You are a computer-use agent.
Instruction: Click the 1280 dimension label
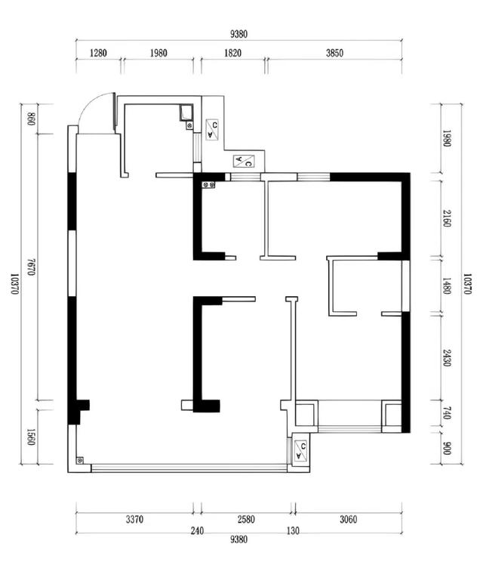[x=98, y=53]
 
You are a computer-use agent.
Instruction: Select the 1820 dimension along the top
[x=232, y=53]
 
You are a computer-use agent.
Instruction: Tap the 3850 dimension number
[x=334, y=53]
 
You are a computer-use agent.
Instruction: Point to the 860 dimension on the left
[x=31, y=119]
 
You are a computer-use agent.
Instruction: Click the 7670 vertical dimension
[x=31, y=267]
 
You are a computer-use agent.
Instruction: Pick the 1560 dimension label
[x=31, y=437]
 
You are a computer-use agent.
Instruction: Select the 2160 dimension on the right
[x=447, y=218]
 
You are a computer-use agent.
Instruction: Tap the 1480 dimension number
[x=447, y=286]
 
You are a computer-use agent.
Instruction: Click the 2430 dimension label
[x=447, y=358]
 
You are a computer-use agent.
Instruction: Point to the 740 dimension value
[x=447, y=412]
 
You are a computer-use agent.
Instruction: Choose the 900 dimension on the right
[x=447, y=449]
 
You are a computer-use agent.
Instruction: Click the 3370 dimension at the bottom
[x=134, y=520]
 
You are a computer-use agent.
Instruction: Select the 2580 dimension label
[x=246, y=520]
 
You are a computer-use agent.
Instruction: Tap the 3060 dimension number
[x=348, y=520]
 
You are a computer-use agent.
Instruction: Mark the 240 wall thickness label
[x=197, y=531]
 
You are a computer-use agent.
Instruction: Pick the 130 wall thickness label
[x=293, y=531]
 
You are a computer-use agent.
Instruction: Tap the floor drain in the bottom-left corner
[x=80, y=460]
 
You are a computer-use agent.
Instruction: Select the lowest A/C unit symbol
[x=301, y=451]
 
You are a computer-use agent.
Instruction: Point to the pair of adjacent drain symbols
[x=209, y=185]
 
